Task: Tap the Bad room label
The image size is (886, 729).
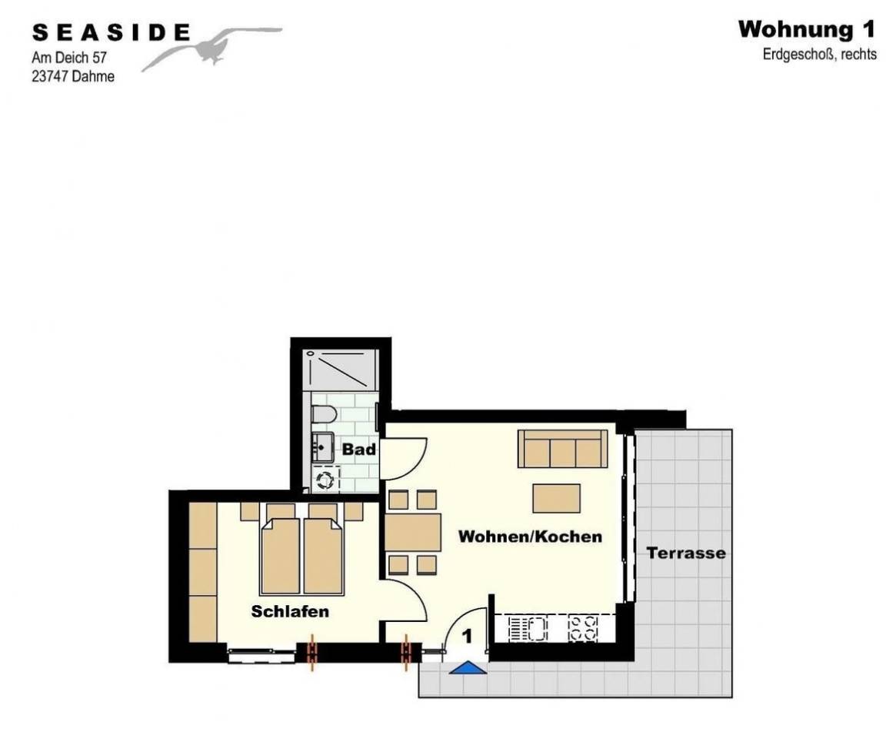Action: pos(359,450)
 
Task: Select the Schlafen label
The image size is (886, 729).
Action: pos(290,611)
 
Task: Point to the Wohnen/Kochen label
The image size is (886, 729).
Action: pos(530,536)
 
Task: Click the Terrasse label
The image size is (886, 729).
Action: pos(686,553)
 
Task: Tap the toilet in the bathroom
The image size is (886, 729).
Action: pos(324,414)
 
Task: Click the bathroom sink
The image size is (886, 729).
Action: pos(323,446)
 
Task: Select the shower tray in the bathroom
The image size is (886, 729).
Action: pos(340,370)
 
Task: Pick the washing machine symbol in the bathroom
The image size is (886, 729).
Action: pos(325,480)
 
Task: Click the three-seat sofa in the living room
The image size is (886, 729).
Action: pos(563,449)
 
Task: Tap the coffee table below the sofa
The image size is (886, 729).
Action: pos(557,498)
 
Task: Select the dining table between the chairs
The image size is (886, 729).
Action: pos(413,532)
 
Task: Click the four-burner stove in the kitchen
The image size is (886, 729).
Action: pos(582,628)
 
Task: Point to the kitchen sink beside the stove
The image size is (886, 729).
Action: pos(528,628)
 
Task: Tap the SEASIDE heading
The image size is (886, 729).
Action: pos(112,33)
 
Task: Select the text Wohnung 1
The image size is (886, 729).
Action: pos(807,29)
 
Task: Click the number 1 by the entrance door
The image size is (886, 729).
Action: pos(468,637)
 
